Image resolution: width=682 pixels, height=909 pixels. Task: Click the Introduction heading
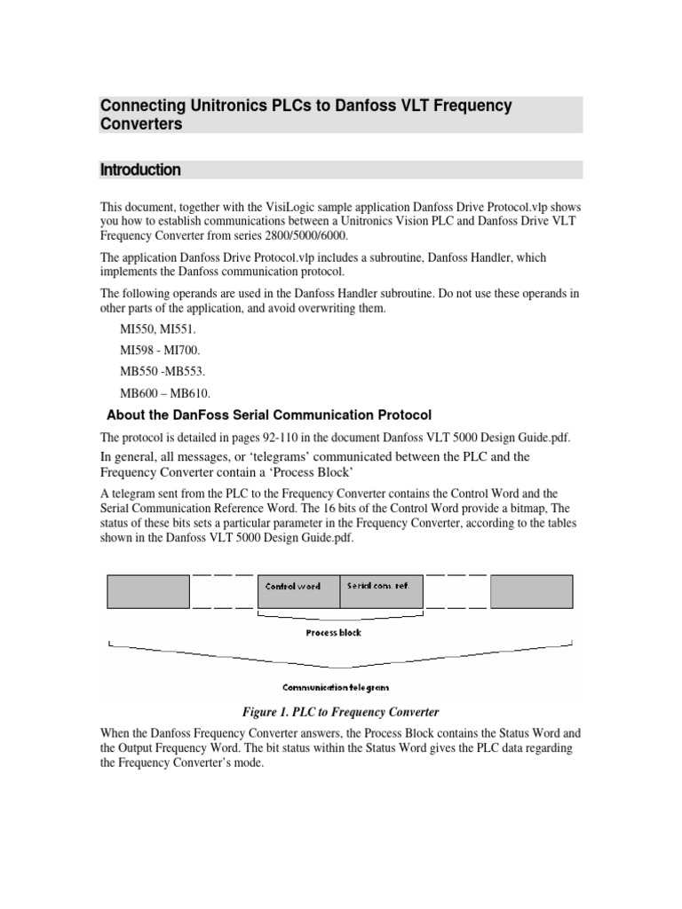coord(140,170)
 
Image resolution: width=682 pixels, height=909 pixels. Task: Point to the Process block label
coord(333,633)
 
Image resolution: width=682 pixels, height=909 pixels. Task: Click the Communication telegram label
coord(336,686)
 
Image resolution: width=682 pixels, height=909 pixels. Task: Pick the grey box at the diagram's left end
coord(147,590)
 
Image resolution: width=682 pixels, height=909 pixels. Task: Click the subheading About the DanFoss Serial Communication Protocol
coord(268,415)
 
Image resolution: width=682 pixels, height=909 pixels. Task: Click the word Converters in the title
coord(140,124)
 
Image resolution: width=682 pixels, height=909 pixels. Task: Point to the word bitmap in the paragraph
coord(527,508)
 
